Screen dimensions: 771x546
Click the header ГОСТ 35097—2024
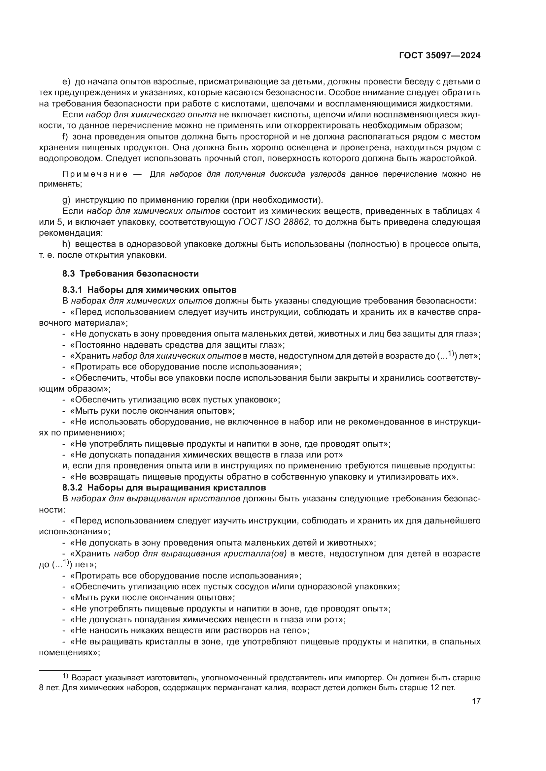[x=439, y=56]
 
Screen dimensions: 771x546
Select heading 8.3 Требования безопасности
[x=130, y=274]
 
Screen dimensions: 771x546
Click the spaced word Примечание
[x=95, y=174]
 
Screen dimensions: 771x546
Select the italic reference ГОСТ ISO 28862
[x=273, y=222]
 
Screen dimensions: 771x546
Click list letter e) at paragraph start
[x=66, y=82]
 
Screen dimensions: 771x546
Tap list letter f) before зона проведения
[x=65, y=137]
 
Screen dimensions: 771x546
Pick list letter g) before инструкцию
[x=66, y=200]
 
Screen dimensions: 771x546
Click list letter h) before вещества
[x=66, y=244]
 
